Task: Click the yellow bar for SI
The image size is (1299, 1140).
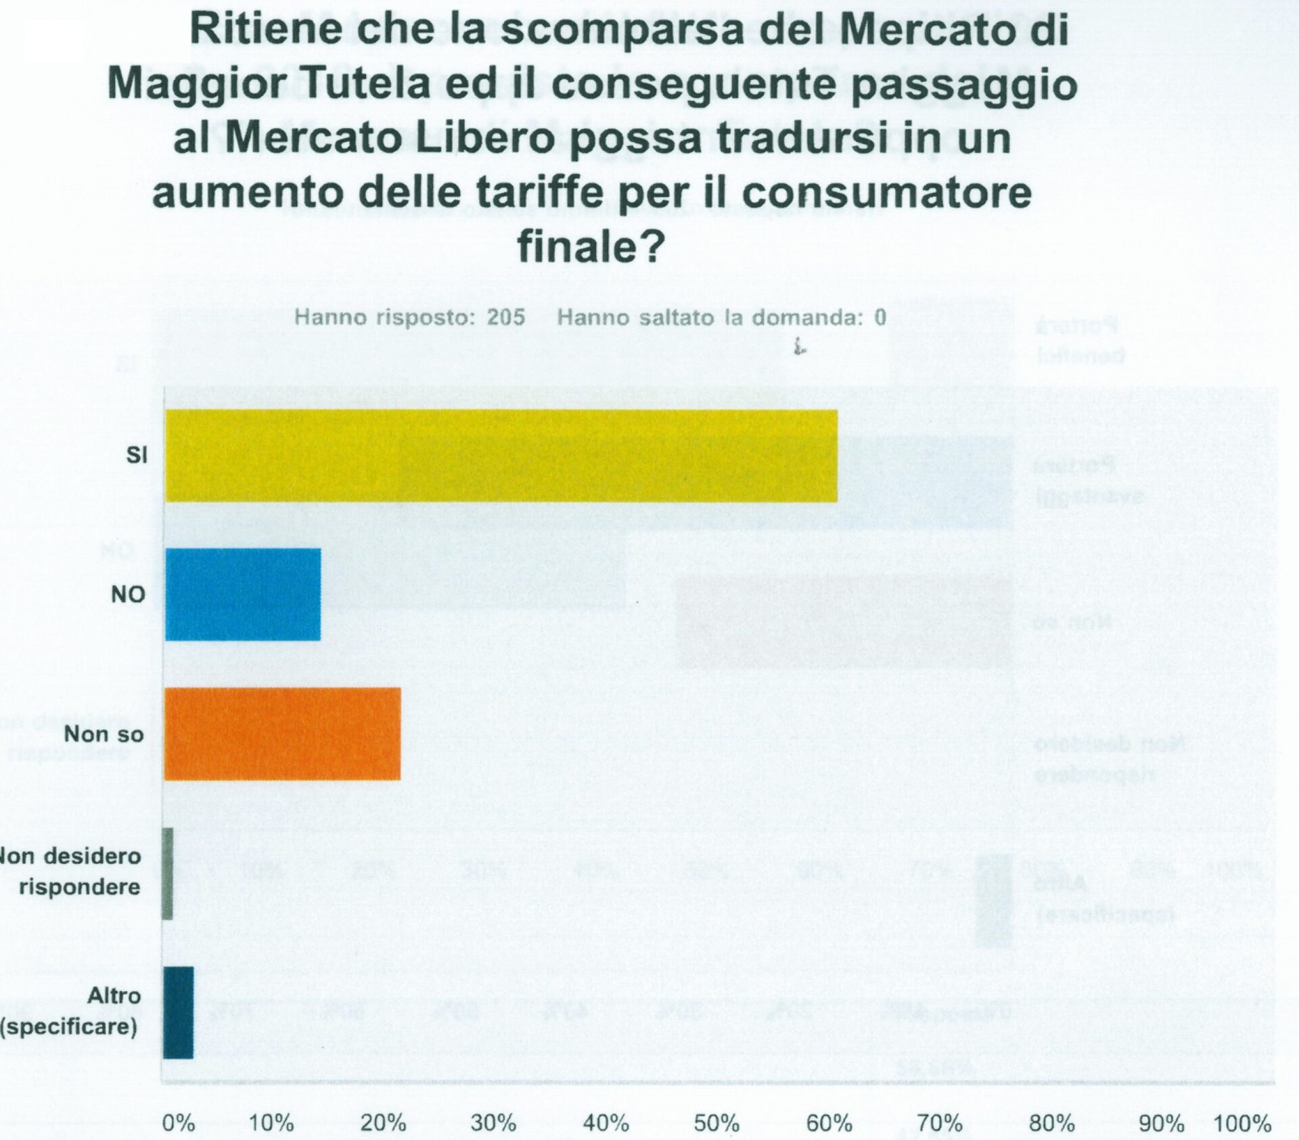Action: tap(501, 456)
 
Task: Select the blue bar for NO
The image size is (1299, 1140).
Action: tap(243, 595)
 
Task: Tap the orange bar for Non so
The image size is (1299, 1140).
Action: tap(282, 734)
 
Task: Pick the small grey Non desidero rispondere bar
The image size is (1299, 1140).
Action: tap(168, 873)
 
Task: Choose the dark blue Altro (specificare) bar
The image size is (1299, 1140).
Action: tap(179, 1013)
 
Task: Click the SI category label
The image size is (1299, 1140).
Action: tap(136, 456)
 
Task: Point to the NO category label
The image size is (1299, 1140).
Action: tap(128, 595)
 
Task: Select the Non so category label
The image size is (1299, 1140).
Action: tap(104, 734)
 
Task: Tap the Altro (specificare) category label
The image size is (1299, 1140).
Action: tap(70, 1011)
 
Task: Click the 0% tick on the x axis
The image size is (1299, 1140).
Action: tap(179, 1124)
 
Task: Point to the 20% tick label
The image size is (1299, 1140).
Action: tap(383, 1124)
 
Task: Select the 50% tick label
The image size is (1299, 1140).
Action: tap(716, 1124)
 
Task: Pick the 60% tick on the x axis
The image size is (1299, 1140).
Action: tap(829, 1124)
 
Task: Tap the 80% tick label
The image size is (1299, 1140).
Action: tap(1051, 1124)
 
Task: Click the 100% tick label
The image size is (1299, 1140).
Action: tap(1242, 1124)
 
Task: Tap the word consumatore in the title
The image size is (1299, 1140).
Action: tap(886, 192)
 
